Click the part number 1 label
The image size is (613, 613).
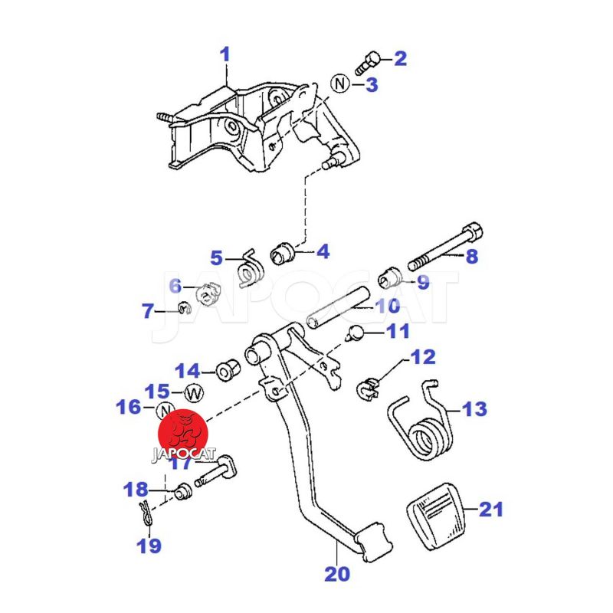click(x=225, y=54)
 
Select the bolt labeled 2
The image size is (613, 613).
click(x=370, y=61)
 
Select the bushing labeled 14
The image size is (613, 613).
click(x=227, y=371)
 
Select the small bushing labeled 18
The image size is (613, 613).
click(x=182, y=491)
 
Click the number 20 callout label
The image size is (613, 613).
click(x=337, y=573)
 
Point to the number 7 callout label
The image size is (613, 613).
click(x=147, y=311)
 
